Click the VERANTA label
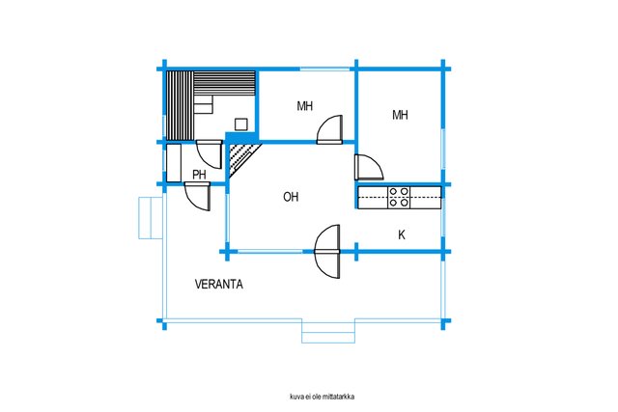pos(219,284)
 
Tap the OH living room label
pos(291,197)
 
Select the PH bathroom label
pos(199,175)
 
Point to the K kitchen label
pos(402,235)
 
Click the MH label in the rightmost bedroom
pos(400,115)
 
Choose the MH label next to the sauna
pos(305,106)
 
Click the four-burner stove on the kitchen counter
pos(399,198)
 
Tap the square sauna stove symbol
pos(241,124)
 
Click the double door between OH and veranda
pos(327,251)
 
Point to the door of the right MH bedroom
pos(369,167)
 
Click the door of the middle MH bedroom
pos(329,129)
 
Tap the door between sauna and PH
pos(209,153)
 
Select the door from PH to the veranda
pos(197,196)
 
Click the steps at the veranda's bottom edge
pos(328,331)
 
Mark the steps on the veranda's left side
pos(151,218)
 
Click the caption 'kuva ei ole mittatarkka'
pos(322,397)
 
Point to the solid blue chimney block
pos(241,137)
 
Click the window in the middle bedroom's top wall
pos(324,69)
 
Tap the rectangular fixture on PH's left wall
pos(174,163)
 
